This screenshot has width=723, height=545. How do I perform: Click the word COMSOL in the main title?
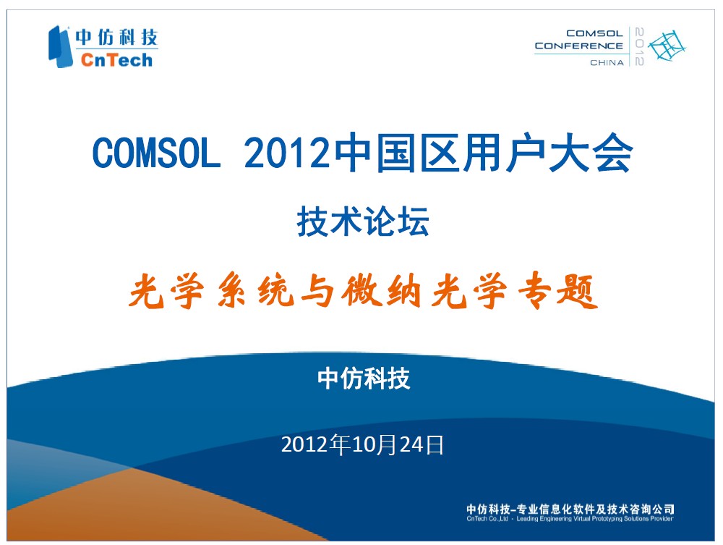[x=156, y=153]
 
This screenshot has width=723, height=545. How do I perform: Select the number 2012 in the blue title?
[x=288, y=153]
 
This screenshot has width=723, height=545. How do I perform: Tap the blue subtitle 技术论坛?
[x=363, y=221]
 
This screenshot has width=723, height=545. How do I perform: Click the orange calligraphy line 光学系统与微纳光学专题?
[x=363, y=290]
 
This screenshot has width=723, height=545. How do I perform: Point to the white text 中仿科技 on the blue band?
[x=364, y=379]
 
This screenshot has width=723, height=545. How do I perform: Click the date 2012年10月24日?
[x=362, y=445]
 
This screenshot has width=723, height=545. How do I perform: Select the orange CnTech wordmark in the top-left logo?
[x=116, y=60]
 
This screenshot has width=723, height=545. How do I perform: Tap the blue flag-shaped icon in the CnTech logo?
[x=60, y=46]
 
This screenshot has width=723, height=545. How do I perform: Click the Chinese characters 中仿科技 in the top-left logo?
[x=116, y=38]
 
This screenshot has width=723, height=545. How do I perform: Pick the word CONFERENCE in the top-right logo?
[x=578, y=46]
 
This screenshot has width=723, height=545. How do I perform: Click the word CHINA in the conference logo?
[x=607, y=62]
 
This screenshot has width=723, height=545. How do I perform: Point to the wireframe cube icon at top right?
[x=667, y=46]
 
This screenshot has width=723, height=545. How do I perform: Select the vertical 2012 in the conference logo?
[x=639, y=46]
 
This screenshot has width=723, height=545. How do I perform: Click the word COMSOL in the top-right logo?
[x=595, y=33]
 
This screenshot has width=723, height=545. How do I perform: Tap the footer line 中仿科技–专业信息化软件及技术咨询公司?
[x=570, y=509]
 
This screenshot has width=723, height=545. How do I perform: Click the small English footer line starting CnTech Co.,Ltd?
[x=570, y=519]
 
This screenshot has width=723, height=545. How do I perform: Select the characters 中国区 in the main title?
[x=397, y=153]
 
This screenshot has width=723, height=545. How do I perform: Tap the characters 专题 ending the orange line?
[x=558, y=291]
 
